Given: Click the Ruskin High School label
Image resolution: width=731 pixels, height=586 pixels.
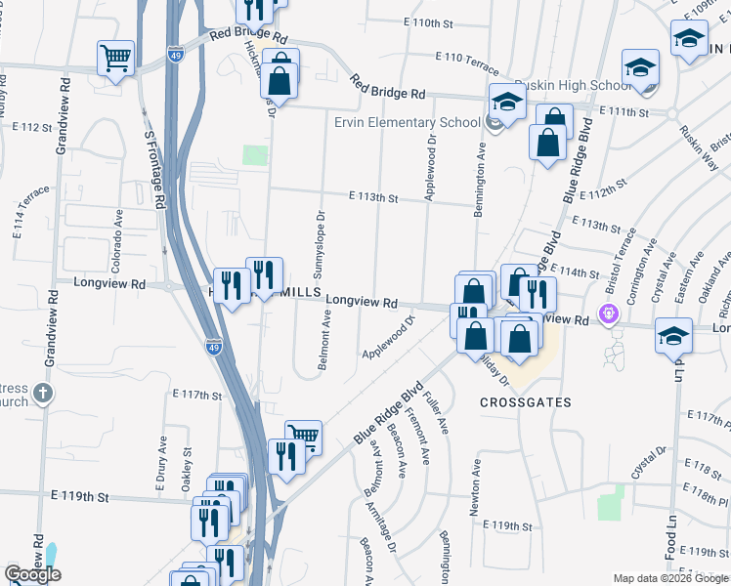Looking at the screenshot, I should (x=555, y=85).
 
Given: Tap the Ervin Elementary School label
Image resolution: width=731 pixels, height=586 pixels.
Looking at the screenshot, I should (x=407, y=122).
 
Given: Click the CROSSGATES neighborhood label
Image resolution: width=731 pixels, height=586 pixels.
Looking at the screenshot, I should (x=525, y=402).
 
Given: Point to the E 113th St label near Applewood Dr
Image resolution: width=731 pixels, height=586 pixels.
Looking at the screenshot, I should (x=374, y=198).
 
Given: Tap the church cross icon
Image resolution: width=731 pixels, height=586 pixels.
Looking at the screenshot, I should (x=42, y=394).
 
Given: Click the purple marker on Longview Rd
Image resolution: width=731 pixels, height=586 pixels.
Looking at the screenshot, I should (x=610, y=314).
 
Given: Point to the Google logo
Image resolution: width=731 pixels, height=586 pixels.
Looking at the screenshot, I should (x=33, y=574).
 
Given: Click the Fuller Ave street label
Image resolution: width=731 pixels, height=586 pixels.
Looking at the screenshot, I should (x=437, y=412).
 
